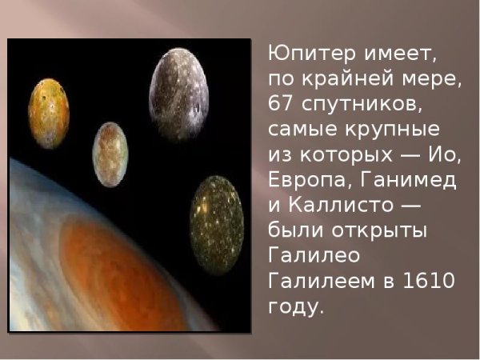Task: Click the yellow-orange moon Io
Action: (49, 113)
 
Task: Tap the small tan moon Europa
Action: (110, 154)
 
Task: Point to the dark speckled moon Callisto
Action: (216, 214)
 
